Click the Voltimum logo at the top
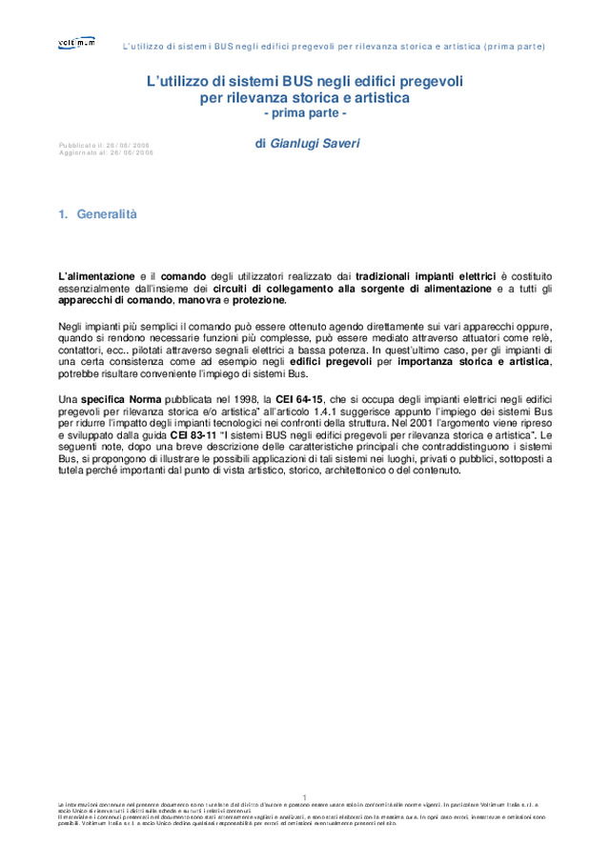pos(77,43)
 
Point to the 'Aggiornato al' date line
pos(105,152)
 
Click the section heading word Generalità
pos(107,214)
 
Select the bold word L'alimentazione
pos(96,276)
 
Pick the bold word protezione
pos(257,300)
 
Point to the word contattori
pos(83,350)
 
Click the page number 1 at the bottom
pos(304,796)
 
